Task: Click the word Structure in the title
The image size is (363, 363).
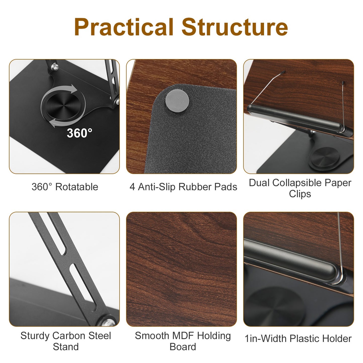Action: coord(235,27)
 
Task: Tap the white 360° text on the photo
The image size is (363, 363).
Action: coord(79,133)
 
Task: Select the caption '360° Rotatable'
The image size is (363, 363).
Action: coord(65,187)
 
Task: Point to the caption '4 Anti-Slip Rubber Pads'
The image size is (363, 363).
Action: coord(183,187)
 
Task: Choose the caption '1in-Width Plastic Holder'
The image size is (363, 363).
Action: coord(298,339)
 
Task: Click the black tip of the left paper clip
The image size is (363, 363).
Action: coord(283,72)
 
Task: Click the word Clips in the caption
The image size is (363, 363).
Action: coord(300,194)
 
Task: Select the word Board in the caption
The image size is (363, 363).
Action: coord(183,347)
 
